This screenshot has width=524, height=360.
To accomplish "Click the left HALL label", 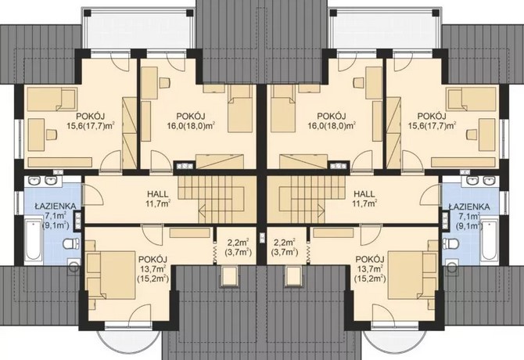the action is (158, 194).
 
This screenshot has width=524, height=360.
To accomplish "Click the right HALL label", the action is (364, 194).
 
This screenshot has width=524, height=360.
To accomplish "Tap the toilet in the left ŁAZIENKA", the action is (71, 243).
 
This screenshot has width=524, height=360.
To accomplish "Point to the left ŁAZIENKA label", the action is (56, 207).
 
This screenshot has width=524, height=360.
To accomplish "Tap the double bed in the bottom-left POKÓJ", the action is (110, 274).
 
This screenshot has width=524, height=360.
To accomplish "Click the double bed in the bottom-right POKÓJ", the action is (412, 274).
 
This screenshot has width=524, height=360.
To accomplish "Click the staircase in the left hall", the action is (217, 200).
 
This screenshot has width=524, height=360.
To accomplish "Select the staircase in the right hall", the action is (306, 200).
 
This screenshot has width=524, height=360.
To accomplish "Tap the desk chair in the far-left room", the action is (52, 135).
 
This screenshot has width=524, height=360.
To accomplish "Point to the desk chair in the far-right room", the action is (472, 135).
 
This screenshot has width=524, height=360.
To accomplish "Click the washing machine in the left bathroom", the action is (74, 266).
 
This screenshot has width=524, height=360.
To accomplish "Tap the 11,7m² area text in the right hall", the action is (365, 203).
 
